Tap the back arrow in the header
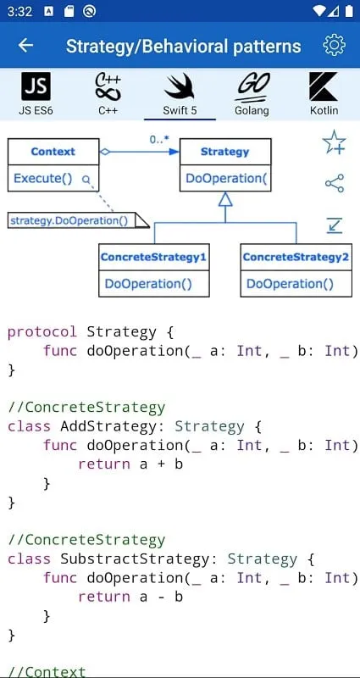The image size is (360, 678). click(26, 46)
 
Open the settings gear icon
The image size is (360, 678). click(334, 45)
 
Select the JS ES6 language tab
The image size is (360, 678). click(36, 94)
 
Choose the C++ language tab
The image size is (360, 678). click(108, 94)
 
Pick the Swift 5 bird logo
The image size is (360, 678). click(180, 86)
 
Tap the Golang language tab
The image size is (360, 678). click(252, 94)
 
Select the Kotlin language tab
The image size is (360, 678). click(324, 94)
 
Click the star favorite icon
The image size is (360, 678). click(334, 142)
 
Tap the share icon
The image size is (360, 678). click(335, 183)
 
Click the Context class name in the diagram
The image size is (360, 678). click(53, 152)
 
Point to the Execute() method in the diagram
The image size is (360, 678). click(43, 178)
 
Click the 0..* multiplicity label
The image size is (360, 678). click(159, 140)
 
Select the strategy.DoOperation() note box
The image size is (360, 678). click(78, 220)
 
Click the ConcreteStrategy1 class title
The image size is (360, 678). click(153, 258)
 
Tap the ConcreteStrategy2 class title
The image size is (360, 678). click(296, 258)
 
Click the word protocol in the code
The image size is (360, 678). click(42, 332)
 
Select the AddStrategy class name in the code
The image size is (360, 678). click(108, 427)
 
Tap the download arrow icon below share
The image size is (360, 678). click(335, 225)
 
